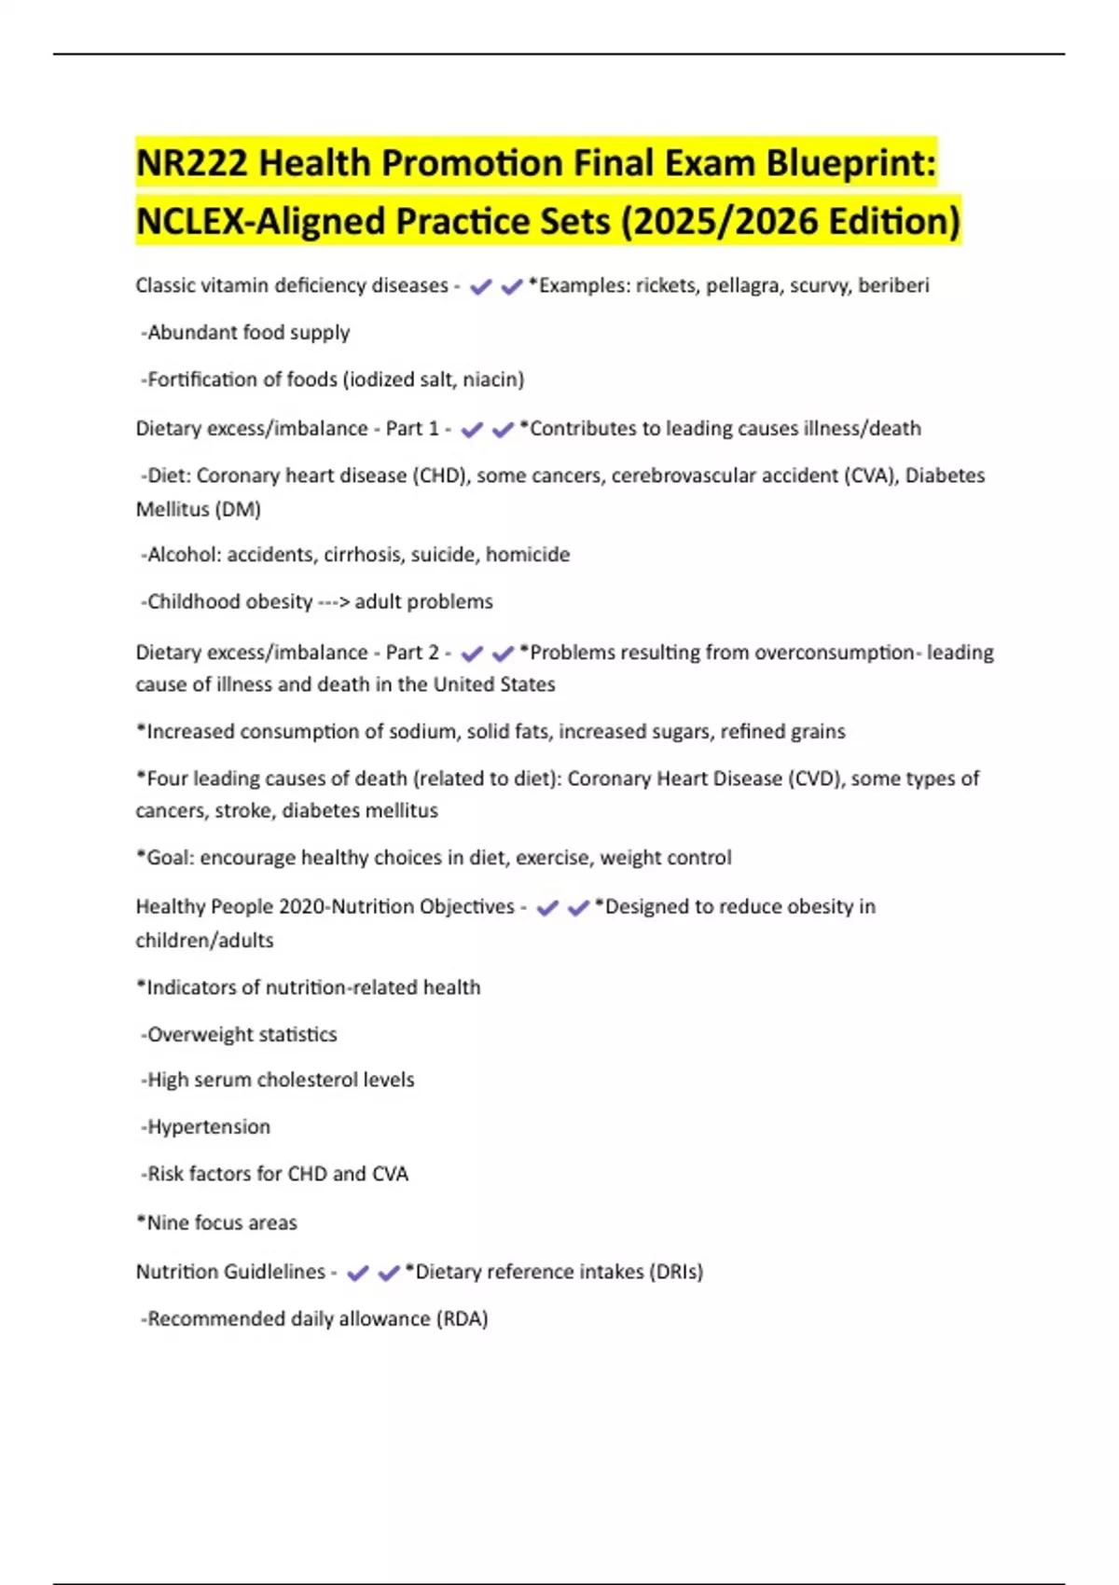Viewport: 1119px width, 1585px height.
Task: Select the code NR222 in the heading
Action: tap(191, 163)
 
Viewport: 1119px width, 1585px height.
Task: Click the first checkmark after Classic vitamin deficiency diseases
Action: tap(481, 287)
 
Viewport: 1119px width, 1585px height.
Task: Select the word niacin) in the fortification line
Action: tap(493, 379)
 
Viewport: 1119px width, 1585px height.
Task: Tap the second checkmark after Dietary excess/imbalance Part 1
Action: tap(503, 430)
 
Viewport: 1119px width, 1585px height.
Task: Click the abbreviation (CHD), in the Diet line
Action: tap(442, 475)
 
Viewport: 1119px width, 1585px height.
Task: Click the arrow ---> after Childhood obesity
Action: tap(334, 602)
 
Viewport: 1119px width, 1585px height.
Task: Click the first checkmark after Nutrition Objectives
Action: tap(547, 908)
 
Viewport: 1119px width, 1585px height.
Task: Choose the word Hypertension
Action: tap(209, 1126)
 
